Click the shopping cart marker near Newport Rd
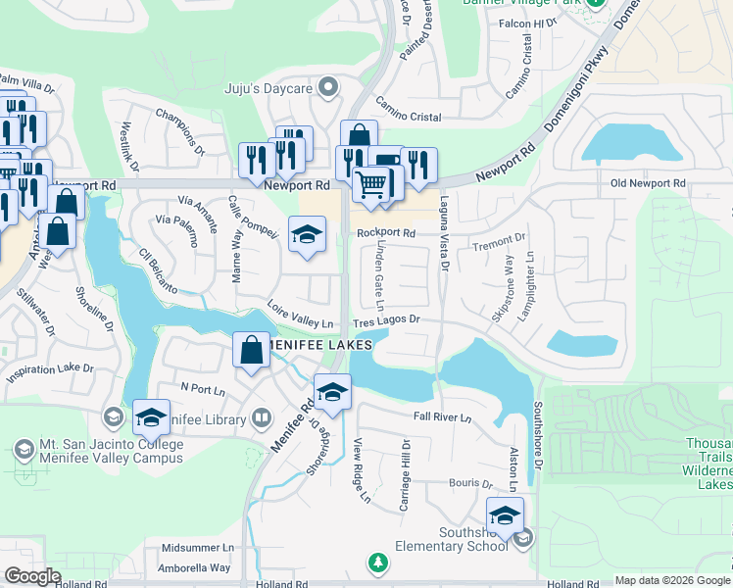(x=369, y=183)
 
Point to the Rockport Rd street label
(x=387, y=233)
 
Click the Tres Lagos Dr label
(x=386, y=319)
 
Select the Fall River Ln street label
(x=442, y=418)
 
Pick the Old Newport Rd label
(x=648, y=183)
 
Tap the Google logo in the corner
(x=32, y=576)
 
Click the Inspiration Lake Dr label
(x=49, y=371)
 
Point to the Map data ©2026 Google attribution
(x=672, y=580)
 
